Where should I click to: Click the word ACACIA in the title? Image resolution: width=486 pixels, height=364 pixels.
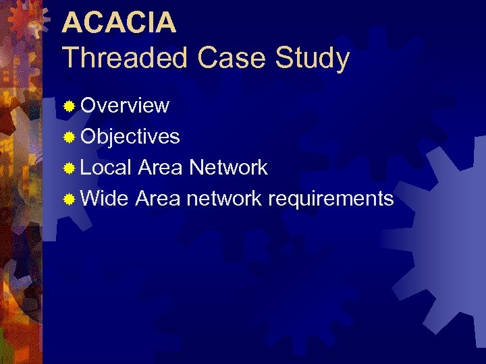tap(119, 22)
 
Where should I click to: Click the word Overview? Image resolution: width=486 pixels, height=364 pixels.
tap(125, 106)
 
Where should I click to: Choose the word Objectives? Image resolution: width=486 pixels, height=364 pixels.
tap(130, 137)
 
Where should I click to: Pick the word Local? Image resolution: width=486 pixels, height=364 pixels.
tap(106, 167)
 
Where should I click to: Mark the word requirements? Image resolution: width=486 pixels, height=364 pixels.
tap(331, 200)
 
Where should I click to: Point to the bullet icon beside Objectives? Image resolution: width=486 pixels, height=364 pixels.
tap(69, 138)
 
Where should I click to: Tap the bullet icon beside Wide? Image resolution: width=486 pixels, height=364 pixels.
tap(69, 200)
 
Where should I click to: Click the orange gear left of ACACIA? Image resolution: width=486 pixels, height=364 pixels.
tap(27, 20)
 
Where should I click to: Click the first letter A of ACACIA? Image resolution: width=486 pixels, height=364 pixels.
tap(72, 22)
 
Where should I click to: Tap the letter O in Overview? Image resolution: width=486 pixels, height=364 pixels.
tap(88, 106)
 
